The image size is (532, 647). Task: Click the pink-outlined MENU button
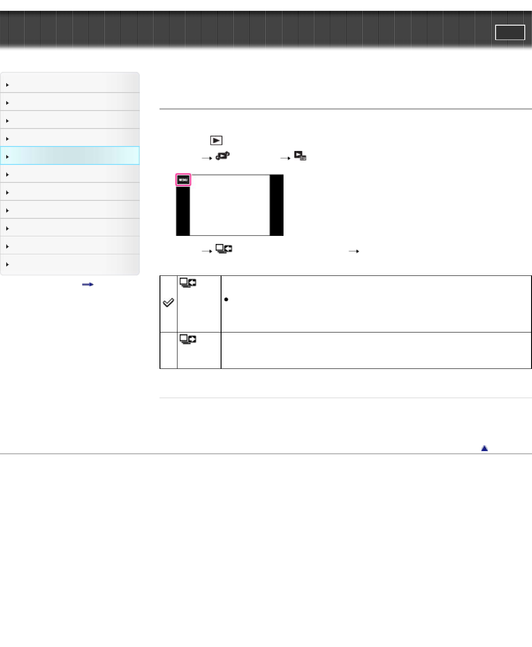coord(183,180)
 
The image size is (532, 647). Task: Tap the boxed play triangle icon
coord(216,141)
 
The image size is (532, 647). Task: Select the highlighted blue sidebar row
coord(70,155)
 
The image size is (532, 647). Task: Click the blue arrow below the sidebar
coord(88,285)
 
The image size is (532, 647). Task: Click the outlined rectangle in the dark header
coord(510,32)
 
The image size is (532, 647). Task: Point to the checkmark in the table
coord(168,302)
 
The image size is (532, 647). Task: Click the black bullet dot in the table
coord(226,299)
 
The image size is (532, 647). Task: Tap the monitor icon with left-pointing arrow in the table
coord(188,283)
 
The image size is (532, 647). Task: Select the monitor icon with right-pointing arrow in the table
coord(188,339)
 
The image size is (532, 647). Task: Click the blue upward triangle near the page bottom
coord(484,448)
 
